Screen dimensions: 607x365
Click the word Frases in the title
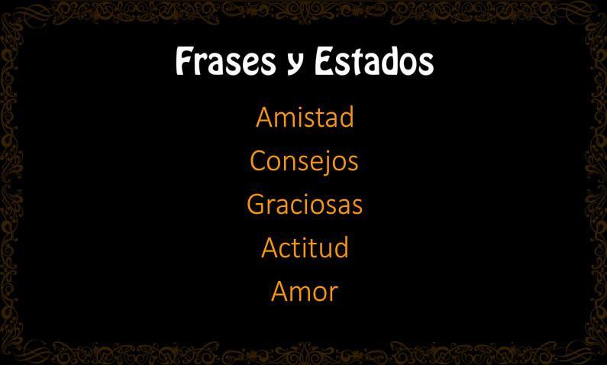pyautogui.click(x=226, y=61)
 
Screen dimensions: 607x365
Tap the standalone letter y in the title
pyautogui.click(x=295, y=65)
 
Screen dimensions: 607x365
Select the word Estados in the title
pyautogui.click(x=374, y=61)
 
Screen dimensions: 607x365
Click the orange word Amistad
pyautogui.click(x=305, y=117)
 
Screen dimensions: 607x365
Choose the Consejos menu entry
pyautogui.click(x=305, y=161)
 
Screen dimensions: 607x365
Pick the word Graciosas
pyautogui.click(x=305, y=205)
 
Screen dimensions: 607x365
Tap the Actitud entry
pyautogui.click(x=305, y=247)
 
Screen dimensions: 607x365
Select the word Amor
pyautogui.click(x=305, y=291)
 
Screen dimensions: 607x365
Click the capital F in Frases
pyautogui.click(x=184, y=61)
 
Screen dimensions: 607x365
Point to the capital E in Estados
pyautogui.click(x=323, y=61)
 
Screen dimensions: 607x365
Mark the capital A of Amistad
pyautogui.click(x=264, y=118)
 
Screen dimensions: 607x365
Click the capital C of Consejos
pyautogui.click(x=258, y=161)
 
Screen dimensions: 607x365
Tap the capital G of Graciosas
pyautogui.click(x=256, y=204)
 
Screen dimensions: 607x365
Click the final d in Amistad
pyautogui.click(x=346, y=117)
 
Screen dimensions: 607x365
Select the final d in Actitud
pyautogui.click(x=341, y=247)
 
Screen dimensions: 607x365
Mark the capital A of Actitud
pyautogui.click(x=270, y=247)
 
